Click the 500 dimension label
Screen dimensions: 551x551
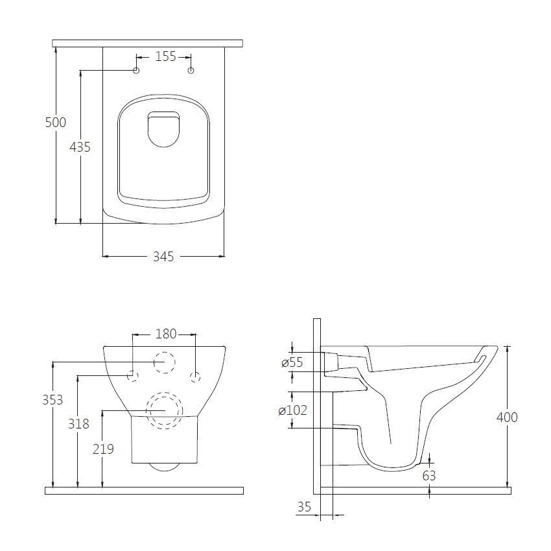[x=56, y=123]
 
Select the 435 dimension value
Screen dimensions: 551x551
[x=80, y=147]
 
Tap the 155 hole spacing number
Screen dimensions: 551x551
[x=165, y=56]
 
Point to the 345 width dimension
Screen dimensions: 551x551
[x=163, y=257]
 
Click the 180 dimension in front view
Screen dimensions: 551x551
[x=166, y=334]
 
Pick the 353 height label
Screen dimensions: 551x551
[x=53, y=400]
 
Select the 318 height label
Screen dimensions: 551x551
[x=78, y=424]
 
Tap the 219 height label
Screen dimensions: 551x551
[x=103, y=449]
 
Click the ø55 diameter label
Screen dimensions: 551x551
[x=292, y=362]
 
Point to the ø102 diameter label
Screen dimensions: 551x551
[x=293, y=410]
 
